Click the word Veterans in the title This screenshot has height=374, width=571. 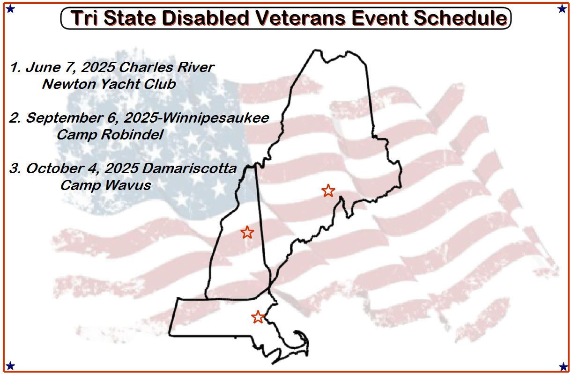coord(301,18)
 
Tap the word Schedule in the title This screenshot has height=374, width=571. coord(461,18)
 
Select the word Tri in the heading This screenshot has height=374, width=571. coord(84,18)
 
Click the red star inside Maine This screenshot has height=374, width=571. coord(328,191)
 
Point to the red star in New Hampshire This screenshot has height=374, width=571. coord(247,232)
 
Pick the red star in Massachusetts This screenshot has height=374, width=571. coord(258,317)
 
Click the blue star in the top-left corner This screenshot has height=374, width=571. coord(10,9)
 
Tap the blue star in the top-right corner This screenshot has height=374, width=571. coord(562,9)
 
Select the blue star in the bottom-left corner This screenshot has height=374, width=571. coord(10,366)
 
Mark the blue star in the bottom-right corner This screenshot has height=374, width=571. coord(563,367)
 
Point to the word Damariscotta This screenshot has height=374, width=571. coord(189,169)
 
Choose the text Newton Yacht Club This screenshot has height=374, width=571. coord(109,84)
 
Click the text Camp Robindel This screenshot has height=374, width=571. coord(110,135)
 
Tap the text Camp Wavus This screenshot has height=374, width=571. coord(106,185)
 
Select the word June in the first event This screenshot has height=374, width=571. coord(44,67)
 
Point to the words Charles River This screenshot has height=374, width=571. coord(166,67)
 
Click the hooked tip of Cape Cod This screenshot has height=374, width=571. coord(295,331)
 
